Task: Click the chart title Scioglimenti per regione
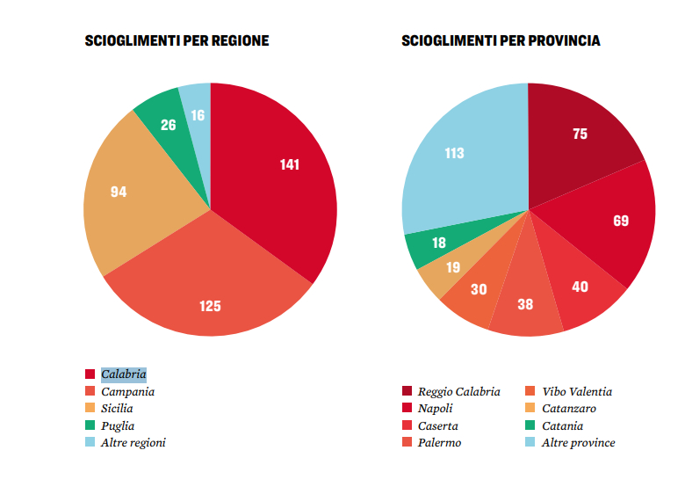click(x=177, y=41)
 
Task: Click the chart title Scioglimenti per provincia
click(x=501, y=41)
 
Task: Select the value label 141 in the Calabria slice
click(x=290, y=164)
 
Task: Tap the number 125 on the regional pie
click(x=210, y=306)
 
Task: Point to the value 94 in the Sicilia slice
click(x=119, y=191)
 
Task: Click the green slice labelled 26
click(x=168, y=125)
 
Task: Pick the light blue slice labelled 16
click(x=198, y=115)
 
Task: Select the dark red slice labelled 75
click(x=580, y=134)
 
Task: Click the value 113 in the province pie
click(x=454, y=153)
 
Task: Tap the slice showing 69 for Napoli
click(x=620, y=220)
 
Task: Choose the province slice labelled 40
click(x=580, y=287)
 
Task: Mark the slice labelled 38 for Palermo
click(x=526, y=304)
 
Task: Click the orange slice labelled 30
click(x=478, y=290)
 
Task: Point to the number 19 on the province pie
click(x=452, y=267)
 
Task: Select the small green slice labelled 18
click(x=439, y=243)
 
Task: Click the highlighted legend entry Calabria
click(x=123, y=374)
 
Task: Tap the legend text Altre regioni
click(x=133, y=442)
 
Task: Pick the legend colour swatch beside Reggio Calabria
click(x=407, y=392)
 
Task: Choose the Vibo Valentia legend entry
click(x=576, y=392)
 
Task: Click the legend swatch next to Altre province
click(x=530, y=442)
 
